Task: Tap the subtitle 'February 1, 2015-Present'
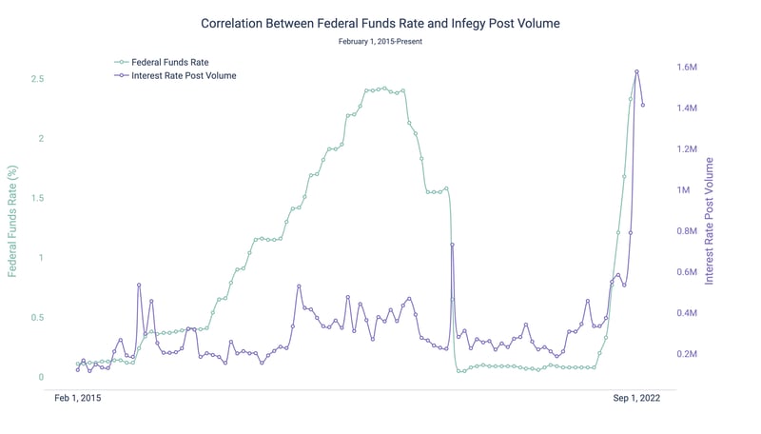pyautogui.click(x=380, y=41)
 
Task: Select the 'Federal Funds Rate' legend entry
pyautogui.click(x=169, y=62)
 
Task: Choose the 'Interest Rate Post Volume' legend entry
pyautogui.click(x=184, y=75)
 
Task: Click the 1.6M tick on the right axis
pyautogui.click(x=687, y=69)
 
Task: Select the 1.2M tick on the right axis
pyautogui.click(x=687, y=150)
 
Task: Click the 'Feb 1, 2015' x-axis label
pyautogui.click(x=77, y=400)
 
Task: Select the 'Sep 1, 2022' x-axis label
pyautogui.click(x=635, y=400)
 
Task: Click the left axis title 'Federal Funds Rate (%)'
pyautogui.click(x=13, y=221)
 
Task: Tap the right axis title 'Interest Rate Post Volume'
pyautogui.click(x=710, y=222)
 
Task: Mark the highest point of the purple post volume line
pyautogui.click(x=636, y=71)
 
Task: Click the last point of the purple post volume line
pyautogui.click(x=643, y=105)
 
